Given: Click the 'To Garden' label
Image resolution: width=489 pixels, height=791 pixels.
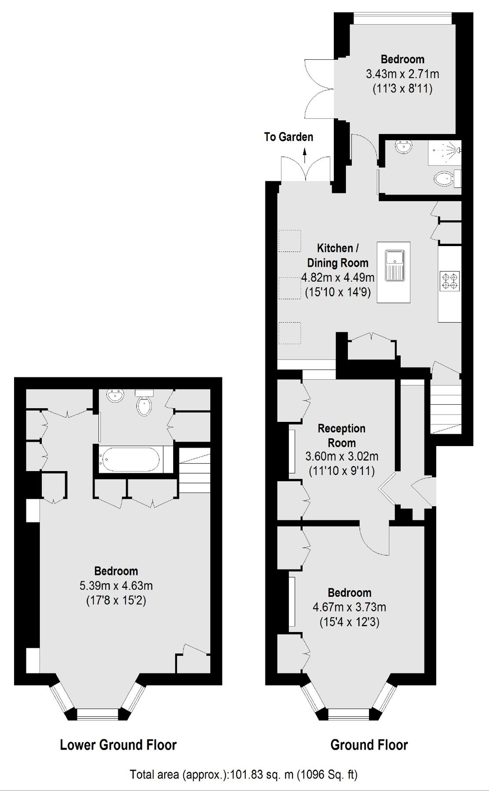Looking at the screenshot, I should click(x=288, y=137).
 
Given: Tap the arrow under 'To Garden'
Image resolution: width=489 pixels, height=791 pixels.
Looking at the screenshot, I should click(x=304, y=155).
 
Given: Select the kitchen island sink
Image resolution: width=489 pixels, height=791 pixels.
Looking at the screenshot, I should click(x=394, y=265).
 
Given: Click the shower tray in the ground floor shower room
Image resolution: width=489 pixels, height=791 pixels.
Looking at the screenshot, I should click(x=444, y=152).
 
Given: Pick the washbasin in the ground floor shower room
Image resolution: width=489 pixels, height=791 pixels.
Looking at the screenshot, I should click(x=403, y=147).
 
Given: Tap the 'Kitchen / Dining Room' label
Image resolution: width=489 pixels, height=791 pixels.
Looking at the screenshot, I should click(x=338, y=255).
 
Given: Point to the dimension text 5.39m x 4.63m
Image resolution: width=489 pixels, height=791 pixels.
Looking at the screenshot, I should click(x=116, y=585).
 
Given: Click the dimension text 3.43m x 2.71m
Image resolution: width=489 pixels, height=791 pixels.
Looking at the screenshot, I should click(x=402, y=74).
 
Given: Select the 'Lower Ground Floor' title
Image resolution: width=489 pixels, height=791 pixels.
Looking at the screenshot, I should click(x=118, y=744).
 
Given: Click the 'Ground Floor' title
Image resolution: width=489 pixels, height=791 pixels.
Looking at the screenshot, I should click(x=369, y=744).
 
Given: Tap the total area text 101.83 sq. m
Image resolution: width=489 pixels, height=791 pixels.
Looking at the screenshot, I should click(x=244, y=774).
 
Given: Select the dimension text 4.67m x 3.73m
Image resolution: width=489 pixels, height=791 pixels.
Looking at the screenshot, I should click(x=350, y=607).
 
